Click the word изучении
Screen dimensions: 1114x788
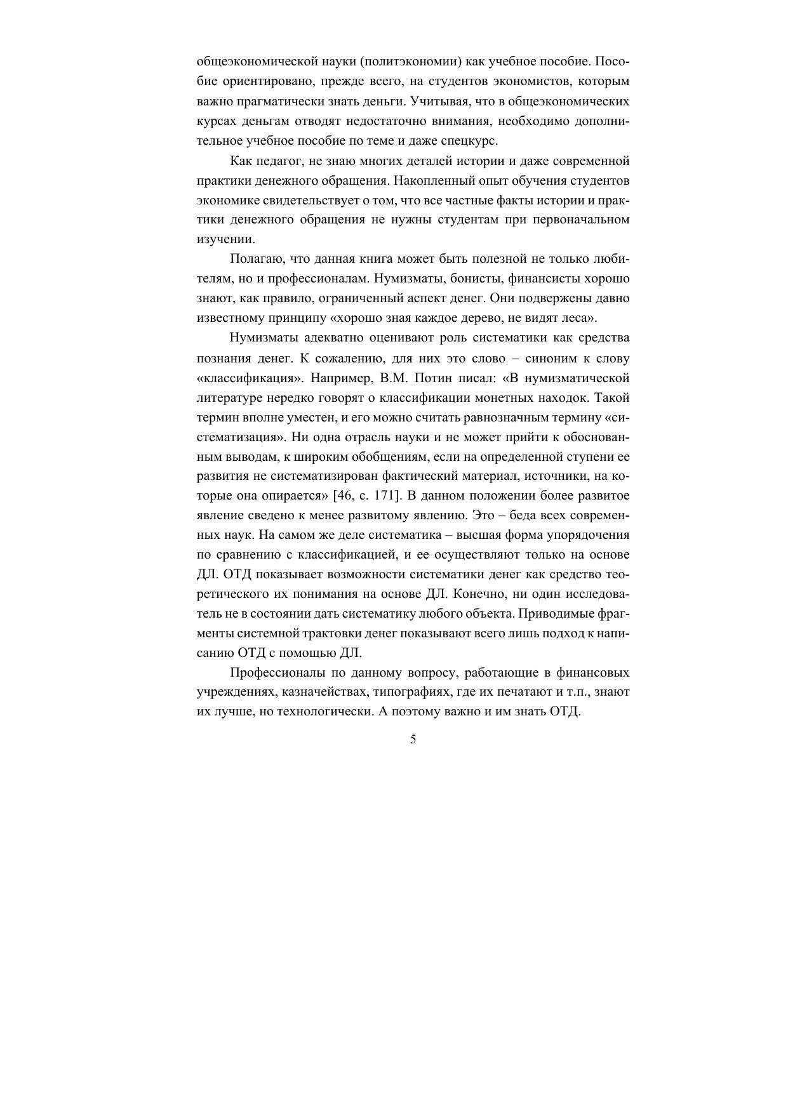coord(216,239)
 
